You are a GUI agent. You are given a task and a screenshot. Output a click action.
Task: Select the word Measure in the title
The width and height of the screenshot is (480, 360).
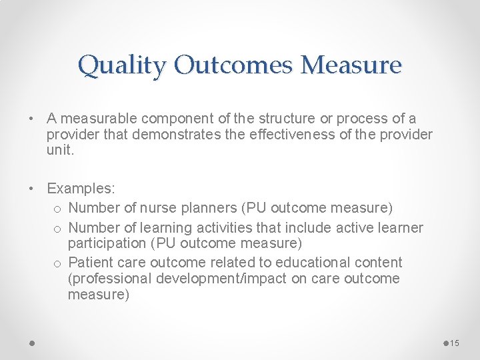click(x=351, y=65)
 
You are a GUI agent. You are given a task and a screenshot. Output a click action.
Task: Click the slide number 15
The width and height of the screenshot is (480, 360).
click(x=455, y=343)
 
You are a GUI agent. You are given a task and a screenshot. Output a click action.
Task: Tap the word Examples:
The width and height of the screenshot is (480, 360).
click(x=76, y=189)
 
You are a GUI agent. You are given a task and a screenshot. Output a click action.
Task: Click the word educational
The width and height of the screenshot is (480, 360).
click(x=315, y=262)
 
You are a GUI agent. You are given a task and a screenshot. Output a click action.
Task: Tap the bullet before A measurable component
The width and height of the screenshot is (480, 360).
click(x=32, y=119)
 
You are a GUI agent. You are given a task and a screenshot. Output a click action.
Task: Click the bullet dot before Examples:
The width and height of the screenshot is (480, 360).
click(x=32, y=189)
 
